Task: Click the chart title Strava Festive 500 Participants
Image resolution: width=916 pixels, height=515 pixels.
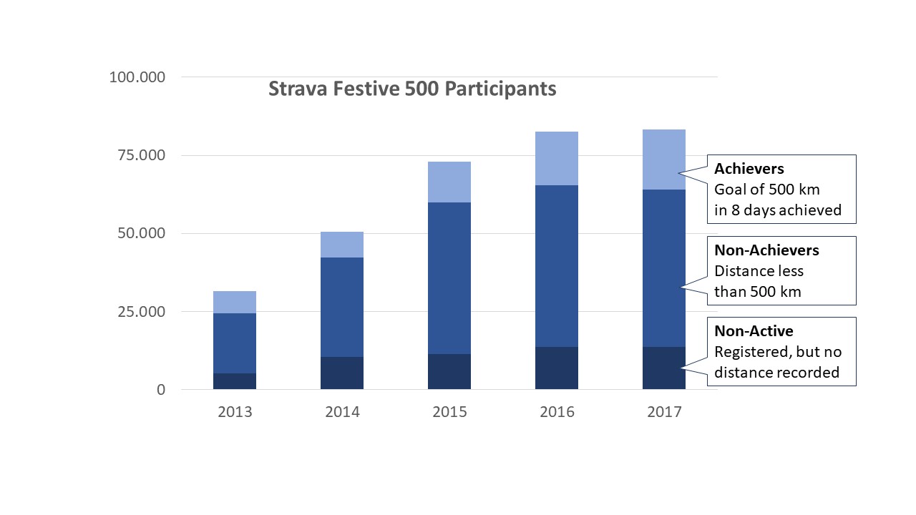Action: click(x=412, y=89)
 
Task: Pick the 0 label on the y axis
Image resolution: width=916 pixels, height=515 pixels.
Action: click(x=161, y=390)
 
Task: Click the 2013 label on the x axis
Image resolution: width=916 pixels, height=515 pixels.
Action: click(x=235, y=413)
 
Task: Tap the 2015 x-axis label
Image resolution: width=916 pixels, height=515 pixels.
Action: click(x=449, y=413)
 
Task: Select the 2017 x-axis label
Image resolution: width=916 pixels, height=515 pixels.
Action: click(x=664, y=413)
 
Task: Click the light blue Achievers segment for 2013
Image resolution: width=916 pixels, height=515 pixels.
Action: click(x=235, y=302)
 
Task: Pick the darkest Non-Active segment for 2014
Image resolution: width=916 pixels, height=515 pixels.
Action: click(x=342, y=373)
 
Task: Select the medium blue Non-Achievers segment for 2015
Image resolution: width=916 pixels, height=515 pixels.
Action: click(x=449, y=278)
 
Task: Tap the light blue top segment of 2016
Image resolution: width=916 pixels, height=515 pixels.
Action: click(x=557, y=158)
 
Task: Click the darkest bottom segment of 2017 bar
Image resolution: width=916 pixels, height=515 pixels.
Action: click(x=664, y=368)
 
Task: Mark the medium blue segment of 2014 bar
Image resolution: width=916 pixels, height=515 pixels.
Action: click(x=342, y=307)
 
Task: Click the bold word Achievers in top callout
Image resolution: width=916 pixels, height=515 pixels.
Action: click(x=749, y=170)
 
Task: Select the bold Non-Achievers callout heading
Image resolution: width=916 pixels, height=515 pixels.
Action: click(x=766, y=250)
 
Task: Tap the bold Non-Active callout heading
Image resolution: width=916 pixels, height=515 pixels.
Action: click(x=754, y=331)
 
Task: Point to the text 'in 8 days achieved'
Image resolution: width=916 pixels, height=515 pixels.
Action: click(x=778, y=210)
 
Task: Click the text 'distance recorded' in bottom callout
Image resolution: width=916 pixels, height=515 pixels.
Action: click(x=776, y=373)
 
